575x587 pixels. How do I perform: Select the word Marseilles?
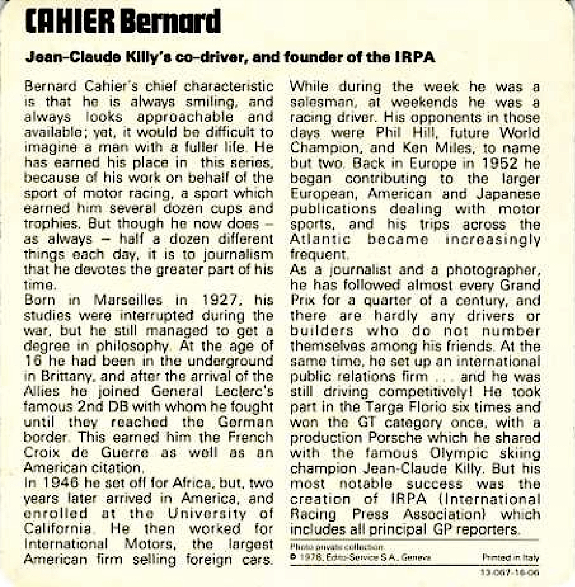[128, 300]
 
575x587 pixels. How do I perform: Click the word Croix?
[42, 453]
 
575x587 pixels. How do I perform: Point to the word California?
[57, 529]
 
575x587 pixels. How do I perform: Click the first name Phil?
[388, 133]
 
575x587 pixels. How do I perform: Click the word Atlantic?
[320, 239]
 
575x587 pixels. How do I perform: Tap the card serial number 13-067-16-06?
[510, 573]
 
